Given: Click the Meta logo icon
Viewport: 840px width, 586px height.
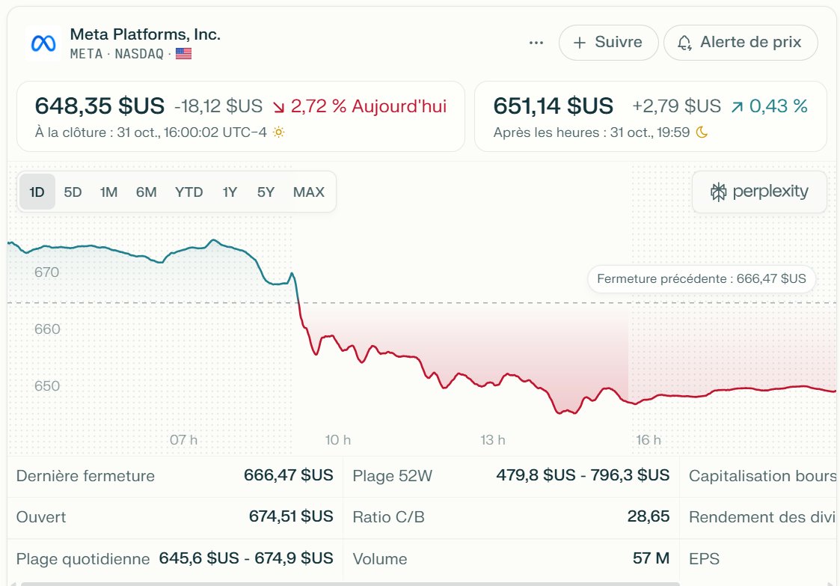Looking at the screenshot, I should coord(43,43).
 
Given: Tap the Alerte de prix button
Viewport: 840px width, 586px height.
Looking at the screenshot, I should coord(741,43).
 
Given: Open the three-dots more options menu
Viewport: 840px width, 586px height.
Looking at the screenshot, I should coord(536,43).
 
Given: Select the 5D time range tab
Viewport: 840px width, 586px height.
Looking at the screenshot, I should coord(73,192).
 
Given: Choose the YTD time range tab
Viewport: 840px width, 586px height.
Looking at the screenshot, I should coord(188,192).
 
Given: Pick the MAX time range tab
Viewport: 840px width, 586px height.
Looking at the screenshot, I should coord(309,192).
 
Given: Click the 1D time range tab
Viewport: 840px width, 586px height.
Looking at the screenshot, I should coord(37,192).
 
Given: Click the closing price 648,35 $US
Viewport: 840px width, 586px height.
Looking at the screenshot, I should coord(99,106).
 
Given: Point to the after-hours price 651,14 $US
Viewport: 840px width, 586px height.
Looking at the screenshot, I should coord(554,106).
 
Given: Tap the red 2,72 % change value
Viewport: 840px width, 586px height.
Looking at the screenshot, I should coord(319,106).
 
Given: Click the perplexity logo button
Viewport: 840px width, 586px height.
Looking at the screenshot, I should coord(759,192).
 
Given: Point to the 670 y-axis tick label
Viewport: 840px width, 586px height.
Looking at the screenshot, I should coord(46,272).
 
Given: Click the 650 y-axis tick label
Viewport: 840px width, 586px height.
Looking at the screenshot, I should coord(46,386).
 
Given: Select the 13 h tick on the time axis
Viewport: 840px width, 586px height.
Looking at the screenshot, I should coord(493,440).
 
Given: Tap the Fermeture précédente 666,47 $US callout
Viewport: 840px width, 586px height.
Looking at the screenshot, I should coord(702,279).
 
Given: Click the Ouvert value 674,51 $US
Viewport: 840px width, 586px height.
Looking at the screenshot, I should coord(291,517).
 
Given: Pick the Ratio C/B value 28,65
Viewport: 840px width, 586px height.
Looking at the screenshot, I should coord(648,517).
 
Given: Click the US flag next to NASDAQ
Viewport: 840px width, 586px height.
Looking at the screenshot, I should coord(183,54).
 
